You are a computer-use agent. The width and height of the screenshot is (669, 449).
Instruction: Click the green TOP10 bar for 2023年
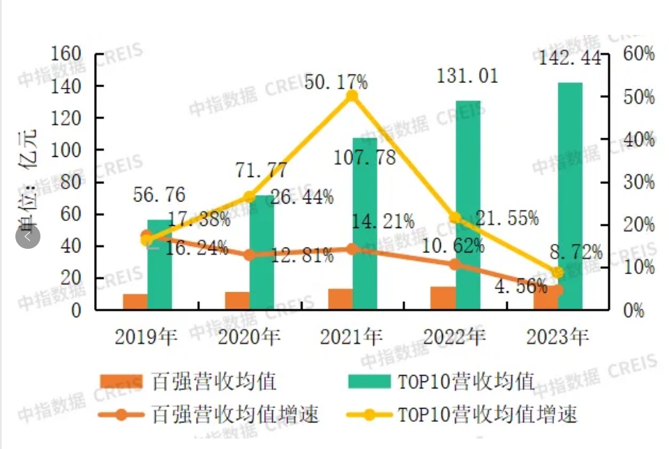pyautogui.click(x=570, y=195)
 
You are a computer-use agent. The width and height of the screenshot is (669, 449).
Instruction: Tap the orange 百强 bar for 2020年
pyautogui.click(x=237, y=300)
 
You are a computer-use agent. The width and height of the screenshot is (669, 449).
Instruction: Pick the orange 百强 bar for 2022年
pyautogui.click(x=443, y=297)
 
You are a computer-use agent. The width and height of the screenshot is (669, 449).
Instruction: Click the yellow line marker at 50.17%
pyautogui.click(x=352, y=96)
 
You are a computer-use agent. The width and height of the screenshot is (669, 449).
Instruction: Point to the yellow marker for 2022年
pyautogui.click(x=456, y=218)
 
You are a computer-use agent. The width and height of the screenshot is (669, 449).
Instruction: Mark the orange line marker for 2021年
pyautogui.click(x=352, y=249)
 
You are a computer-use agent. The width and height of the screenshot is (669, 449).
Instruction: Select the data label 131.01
pyautogui.click(x=467, y=76)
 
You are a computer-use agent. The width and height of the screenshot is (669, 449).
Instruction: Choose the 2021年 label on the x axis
pyautogui.click(x=352, y=337)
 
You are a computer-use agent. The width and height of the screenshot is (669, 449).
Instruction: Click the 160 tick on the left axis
pyautogui.click(x=68, y=54)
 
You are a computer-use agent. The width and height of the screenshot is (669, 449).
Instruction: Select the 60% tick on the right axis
pyautogui.click(x=638, y=54)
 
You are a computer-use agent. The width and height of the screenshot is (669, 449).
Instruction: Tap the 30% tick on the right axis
pyautogui.click(x=638, y=182)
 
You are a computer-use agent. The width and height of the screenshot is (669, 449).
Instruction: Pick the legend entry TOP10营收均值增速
pyautogui.click(x=488, y=414)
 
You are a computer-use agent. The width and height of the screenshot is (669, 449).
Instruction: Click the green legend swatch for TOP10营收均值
pyautogui.click(x=368, y=381)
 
